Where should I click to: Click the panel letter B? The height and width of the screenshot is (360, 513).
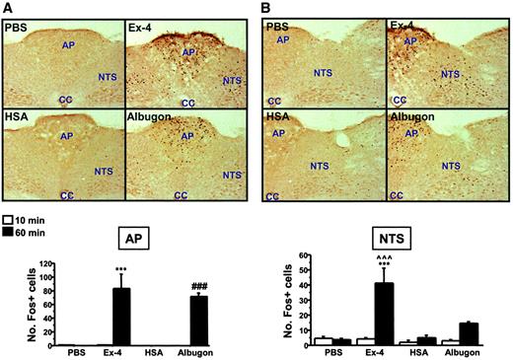point(265,8)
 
